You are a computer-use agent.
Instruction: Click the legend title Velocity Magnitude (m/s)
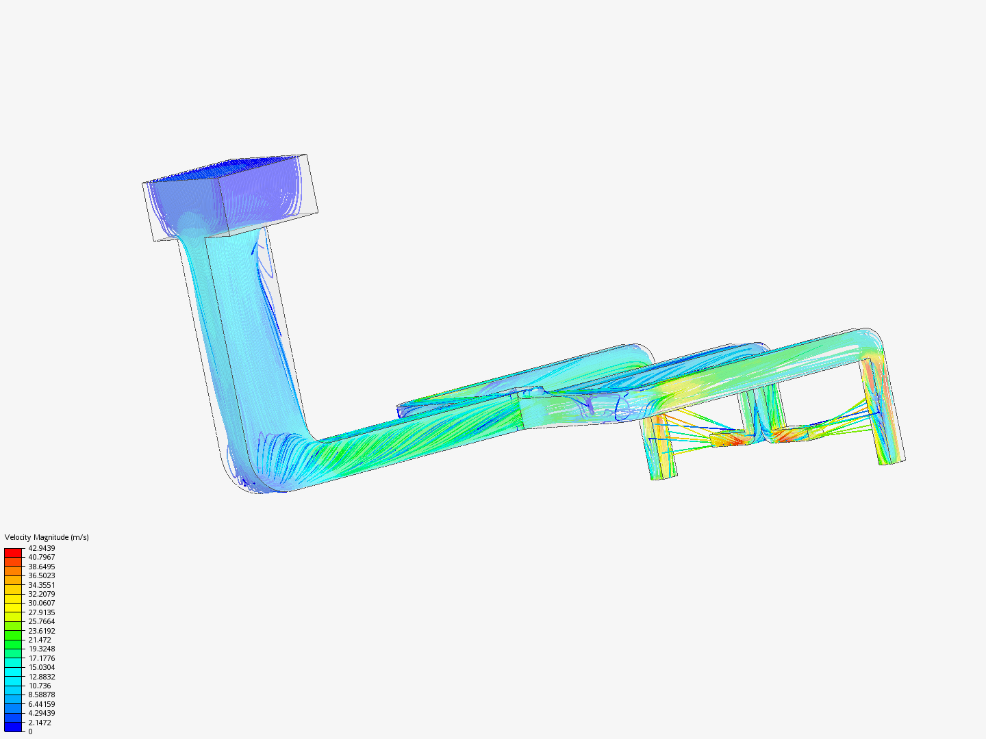click(x=47, y=537)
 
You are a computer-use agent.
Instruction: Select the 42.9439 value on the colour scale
click(x=41, y=548)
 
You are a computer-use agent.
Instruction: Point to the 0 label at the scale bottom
click(x=30, y=731)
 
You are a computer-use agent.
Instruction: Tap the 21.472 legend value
click(x=40, y=640)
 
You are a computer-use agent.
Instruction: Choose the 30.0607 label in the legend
click(x=41, y=603)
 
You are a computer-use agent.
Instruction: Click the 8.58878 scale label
click(x=41, y=695)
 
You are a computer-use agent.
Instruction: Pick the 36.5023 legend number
click(x=41, y=575)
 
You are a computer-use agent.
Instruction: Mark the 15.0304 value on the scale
click(x=41, y=667)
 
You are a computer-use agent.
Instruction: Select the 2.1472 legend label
click(x=40, y=723)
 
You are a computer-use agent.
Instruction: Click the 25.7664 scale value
click(x=41, y=621)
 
